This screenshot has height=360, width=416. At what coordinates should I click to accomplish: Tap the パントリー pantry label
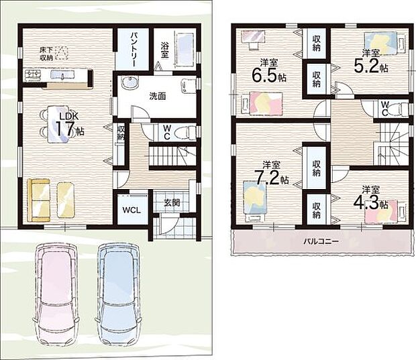[134, 50]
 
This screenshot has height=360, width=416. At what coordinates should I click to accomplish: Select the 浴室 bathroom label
[164, 50]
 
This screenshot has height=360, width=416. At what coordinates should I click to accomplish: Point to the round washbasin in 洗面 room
[129, 82]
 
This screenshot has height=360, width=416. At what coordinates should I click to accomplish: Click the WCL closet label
[132, 211]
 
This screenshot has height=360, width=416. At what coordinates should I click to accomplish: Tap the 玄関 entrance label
[172, 203]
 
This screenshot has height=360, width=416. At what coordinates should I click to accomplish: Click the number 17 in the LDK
[64, 129]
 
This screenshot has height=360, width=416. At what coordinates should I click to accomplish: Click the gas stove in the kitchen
[33, 75]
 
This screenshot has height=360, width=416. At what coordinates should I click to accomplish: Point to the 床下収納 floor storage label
[46, 54]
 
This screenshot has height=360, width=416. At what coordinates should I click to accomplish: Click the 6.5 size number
[264, 76]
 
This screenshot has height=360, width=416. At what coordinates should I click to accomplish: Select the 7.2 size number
[267, 178]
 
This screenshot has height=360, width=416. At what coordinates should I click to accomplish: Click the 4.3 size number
[366, 203]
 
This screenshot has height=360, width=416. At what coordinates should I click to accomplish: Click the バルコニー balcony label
[321, 241]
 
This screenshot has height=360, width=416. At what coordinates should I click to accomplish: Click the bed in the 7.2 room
[255, 200]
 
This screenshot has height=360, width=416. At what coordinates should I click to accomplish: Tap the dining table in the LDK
[58, 124]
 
